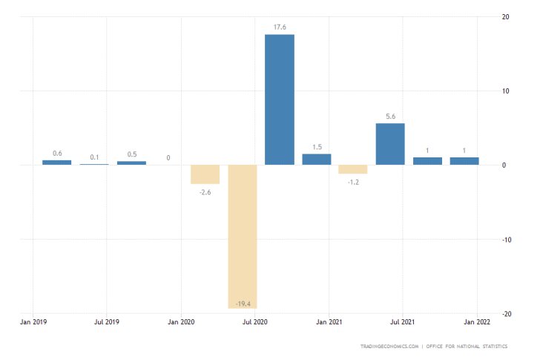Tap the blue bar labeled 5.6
point(390,144)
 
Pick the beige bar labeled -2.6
point(205,174)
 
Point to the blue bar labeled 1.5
point(317,159)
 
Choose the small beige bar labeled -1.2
point(353,169)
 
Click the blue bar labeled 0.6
point(57,162)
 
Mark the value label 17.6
point(280,28)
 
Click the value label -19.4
point(243,302)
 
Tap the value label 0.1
point(94,157)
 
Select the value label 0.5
point(131,154)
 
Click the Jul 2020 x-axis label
point(255,323)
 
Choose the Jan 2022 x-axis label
point(475,323)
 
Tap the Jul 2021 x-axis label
point(402,323)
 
